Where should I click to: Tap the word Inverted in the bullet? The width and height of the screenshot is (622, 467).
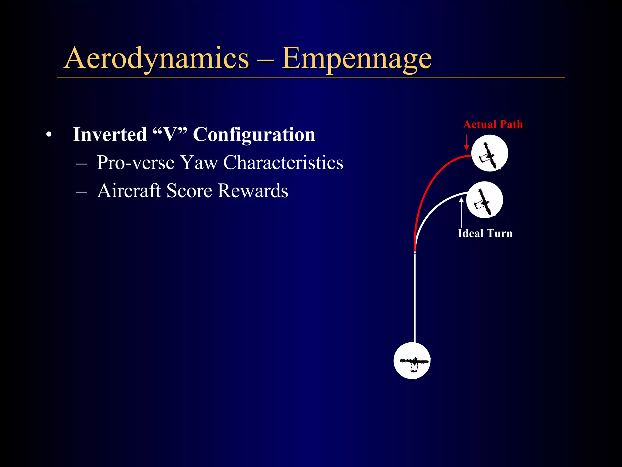point(110,134)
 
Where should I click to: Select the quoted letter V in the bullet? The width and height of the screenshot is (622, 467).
point(170,134)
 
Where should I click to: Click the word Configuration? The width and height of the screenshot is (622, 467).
point(254,134)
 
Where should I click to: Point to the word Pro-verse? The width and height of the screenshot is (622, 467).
point(135,163)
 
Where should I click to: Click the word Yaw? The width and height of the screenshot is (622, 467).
point(199,163)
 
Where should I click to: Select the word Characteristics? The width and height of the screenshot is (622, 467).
point(283,163)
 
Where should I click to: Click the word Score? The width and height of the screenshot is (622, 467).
point(189,191)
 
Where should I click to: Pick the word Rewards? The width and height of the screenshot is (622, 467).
point(253,191)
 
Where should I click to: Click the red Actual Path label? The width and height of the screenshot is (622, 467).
point(493,124)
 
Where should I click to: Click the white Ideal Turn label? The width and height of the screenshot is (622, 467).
point(485,233)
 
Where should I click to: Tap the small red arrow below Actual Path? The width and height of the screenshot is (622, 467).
point(466,143)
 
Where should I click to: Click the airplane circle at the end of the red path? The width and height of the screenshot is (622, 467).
point(490,153)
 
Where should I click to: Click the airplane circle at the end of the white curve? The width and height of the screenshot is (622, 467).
point(484,200)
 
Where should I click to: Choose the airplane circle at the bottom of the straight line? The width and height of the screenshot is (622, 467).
point(412,361)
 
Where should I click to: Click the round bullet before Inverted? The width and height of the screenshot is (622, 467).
point(49,134)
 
